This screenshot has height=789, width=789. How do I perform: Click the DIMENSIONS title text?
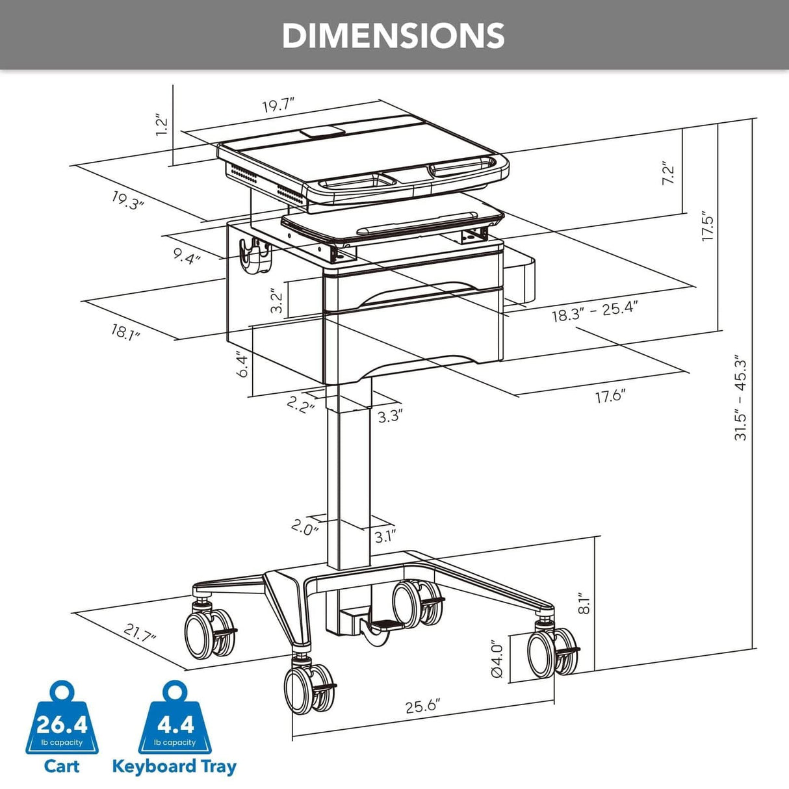[x=393, y=36]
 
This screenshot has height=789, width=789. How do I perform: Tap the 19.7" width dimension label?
[x=279, y=106]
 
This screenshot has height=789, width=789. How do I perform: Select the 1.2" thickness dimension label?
[x=162, y=125]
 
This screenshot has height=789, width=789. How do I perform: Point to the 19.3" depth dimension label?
[x=127, y=200]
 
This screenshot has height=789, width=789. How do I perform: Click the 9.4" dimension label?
[x=187, y=255]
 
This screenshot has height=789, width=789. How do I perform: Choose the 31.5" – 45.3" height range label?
[x=741, y=398]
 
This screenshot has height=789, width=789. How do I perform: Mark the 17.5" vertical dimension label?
[x=708, y=229]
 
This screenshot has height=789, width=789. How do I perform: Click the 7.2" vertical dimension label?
[x=668, y=174]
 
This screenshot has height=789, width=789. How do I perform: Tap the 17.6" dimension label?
[x=610, y=395]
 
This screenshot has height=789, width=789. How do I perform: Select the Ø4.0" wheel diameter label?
[x=497, y=659]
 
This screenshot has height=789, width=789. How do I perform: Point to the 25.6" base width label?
[x=423, y=706]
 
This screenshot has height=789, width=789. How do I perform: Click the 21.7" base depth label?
[x=140, y=632]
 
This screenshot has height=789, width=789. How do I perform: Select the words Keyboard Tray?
[x=174, y=766]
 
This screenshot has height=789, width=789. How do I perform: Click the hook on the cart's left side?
[x=255, y=254]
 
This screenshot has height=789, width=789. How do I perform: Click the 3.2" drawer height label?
[x=277, y=302]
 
